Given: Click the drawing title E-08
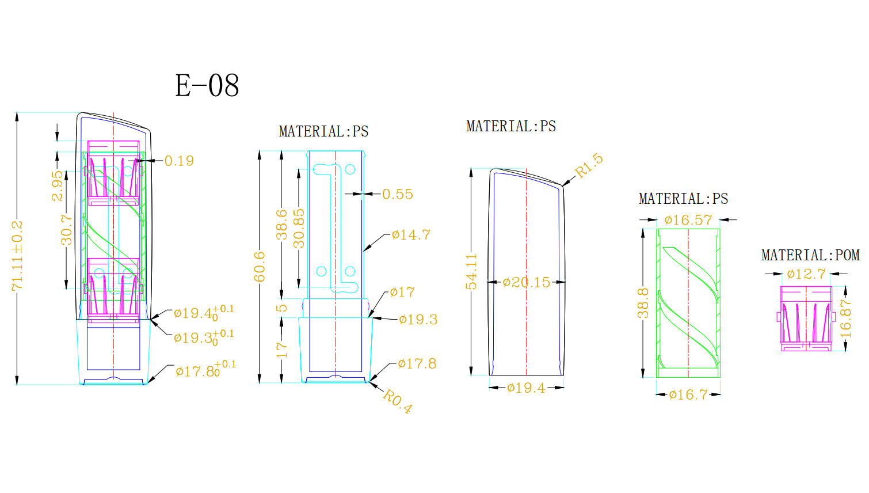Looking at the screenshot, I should click(x=207, y=86).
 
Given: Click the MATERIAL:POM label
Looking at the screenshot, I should click(x=810, y=255).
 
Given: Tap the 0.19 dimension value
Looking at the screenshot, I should click(x=179, y=161).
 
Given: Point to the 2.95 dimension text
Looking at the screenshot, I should click(x=58, y=185).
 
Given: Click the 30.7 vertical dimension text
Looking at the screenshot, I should click(x=67, y=229).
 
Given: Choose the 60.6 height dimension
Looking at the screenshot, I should click(x=260, y=266).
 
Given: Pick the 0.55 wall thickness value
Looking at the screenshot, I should click(x=398, y=195).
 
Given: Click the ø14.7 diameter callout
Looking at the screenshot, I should click(x=411, y=235).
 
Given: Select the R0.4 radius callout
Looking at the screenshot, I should click(x=398, y=401).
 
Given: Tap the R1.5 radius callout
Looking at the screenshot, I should click(x=589, y=165).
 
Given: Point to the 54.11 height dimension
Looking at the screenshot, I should click(x=472, y=271).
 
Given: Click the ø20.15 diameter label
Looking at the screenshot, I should click(x=526, y=283).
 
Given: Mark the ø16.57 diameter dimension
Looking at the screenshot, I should click(x=688, y=220).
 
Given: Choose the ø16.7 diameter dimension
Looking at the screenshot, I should click(x=688, y=395).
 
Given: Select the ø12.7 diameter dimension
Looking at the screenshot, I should click(x=806, y=274).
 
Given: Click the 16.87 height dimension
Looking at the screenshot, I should click(x=845, y=318).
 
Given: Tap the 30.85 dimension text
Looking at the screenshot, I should click(x=299, y=228).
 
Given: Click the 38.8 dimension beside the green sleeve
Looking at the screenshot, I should click(x=643, y=303).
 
